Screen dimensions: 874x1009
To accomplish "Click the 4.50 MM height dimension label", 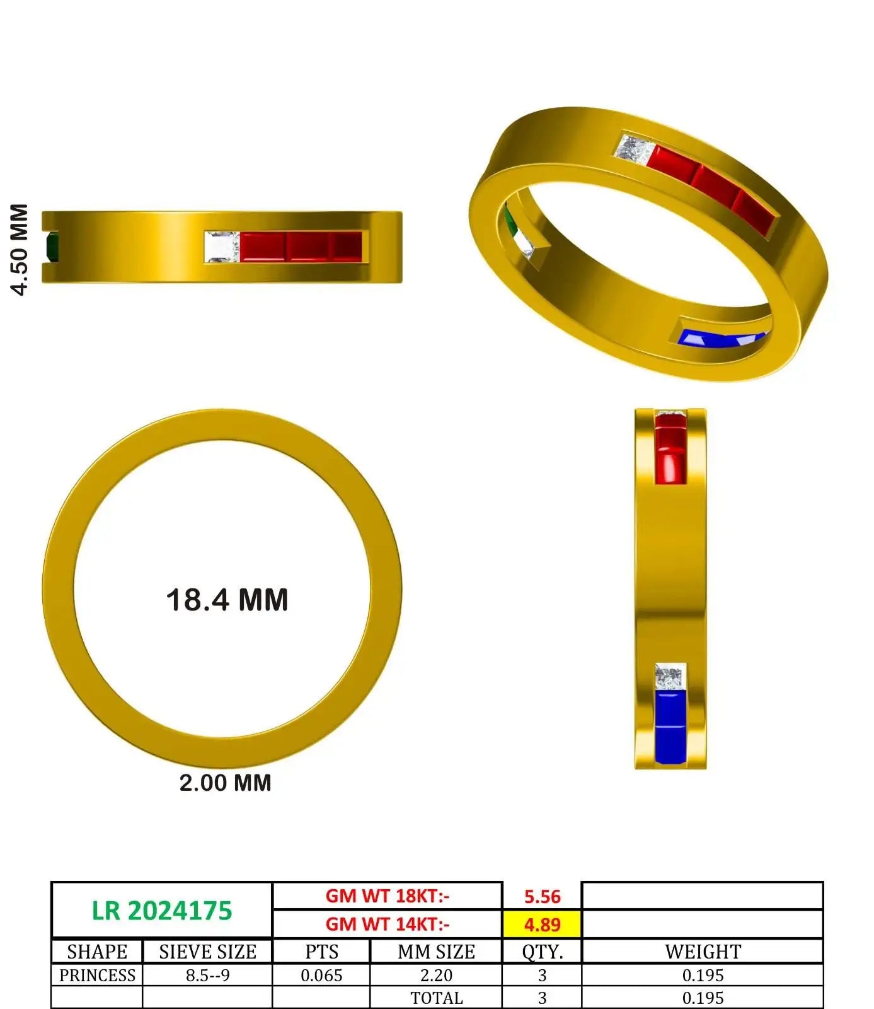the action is (x=20, y=249).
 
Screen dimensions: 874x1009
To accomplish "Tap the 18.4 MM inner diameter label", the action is (x=227, y=600).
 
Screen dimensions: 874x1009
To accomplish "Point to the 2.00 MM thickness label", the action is (x=225, y=783).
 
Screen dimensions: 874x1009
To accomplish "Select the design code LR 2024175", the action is (x=162, y=911).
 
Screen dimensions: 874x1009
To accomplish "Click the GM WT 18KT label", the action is (x=388, y=895).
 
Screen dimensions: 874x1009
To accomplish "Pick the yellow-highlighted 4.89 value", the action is (x=542, y=924).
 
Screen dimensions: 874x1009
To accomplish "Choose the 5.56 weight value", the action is (x=542, y=896).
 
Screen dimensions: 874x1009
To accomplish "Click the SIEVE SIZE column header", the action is (x=207, y=951).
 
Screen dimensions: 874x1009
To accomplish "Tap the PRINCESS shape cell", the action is (x=97, y=975).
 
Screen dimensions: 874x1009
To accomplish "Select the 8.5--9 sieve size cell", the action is (x=207, y=975).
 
